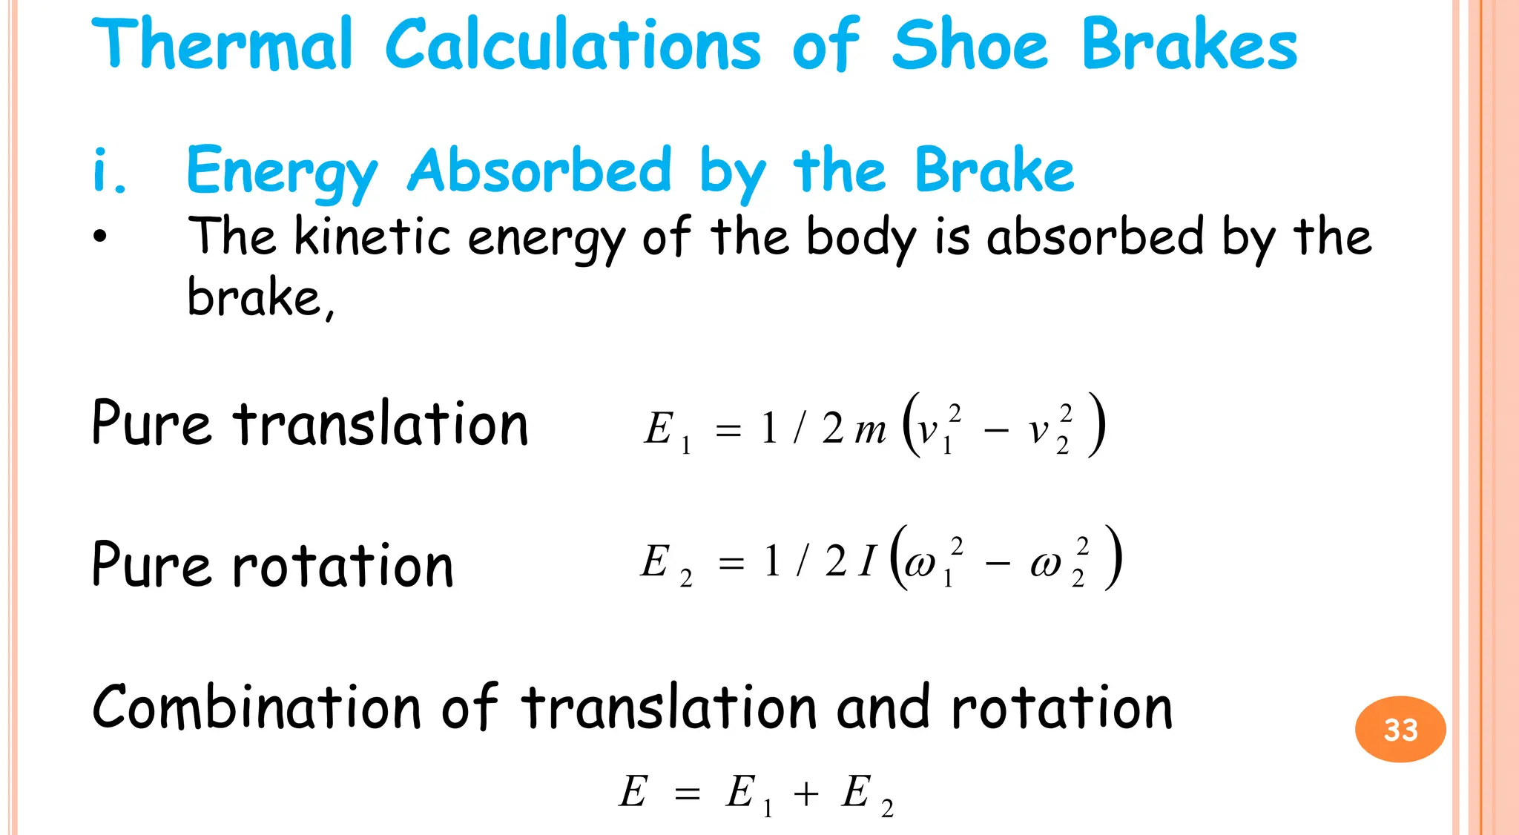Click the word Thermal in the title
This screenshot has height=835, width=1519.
coord(222,44)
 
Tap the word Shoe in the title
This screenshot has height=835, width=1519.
coord(969,44)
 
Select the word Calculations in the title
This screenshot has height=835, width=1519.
coord(573,44)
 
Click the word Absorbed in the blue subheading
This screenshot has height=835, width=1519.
coord(540,171)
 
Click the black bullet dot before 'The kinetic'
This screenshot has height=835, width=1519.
coord(100,237)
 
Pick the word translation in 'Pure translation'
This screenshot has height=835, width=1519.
coord(380,423)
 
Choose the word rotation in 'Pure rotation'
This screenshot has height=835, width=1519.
coord(343,565)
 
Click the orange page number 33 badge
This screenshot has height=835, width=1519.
coord(1400,730)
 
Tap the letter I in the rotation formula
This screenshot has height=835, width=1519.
coord(868,562)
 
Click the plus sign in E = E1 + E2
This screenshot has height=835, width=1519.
coord(805,794)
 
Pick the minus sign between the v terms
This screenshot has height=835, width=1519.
coord(995,431)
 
